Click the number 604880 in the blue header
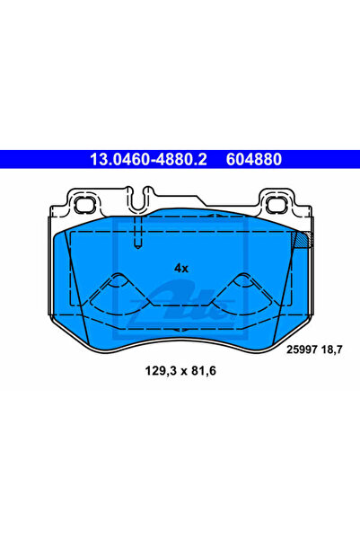[254, 160]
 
